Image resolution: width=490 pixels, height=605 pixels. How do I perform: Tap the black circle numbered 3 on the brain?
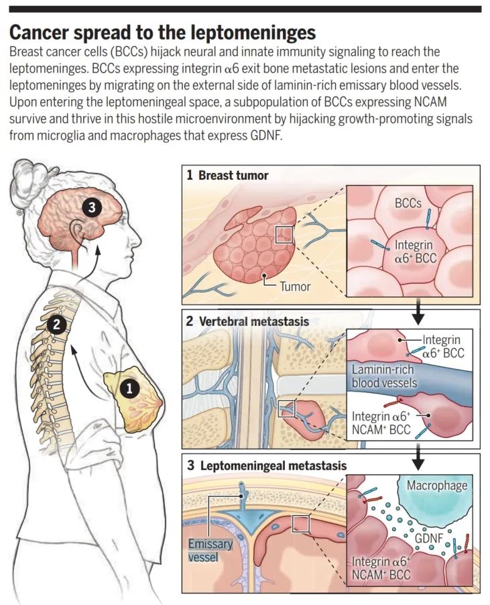tap(93, 208)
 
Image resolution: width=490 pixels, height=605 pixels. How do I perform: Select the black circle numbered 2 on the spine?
tap(58, 325)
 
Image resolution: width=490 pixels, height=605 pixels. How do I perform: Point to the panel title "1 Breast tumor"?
tap(227, 176)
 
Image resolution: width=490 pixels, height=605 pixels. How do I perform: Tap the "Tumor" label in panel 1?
tap(295, 286)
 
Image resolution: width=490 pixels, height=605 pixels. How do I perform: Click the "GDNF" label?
tap(420, 539)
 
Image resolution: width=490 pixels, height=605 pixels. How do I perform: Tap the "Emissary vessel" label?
tap(210, 550)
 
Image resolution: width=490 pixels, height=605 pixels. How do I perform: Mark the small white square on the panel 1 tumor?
tap(284, 234)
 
